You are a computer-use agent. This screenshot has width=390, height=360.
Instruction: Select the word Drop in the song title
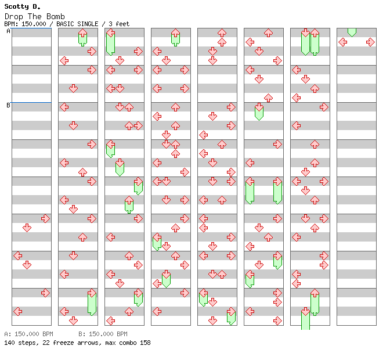tap(14, 17)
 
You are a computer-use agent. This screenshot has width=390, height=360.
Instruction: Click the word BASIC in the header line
tap(65, 24)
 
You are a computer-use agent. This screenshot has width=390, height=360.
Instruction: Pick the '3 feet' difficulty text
tap(119, 24)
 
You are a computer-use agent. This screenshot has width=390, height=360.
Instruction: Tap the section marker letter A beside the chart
tap(8, 31)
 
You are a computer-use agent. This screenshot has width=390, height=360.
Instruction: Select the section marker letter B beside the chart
tap(8, 105)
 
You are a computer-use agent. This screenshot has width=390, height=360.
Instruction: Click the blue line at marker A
tap(31, 28)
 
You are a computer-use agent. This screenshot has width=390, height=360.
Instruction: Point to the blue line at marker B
tap(31, 102)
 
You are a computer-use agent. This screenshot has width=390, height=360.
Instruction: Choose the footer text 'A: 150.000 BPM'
tap(28, 334)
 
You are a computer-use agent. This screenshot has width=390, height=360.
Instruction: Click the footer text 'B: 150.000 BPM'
tap(103, 334)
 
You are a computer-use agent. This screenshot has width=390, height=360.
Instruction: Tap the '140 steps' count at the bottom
tap(21, 343)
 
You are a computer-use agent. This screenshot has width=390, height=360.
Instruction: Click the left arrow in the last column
tap(343, 42)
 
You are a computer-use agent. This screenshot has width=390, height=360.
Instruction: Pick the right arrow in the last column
tap(371, 42)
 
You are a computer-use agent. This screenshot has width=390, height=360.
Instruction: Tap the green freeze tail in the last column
tap(352, 32)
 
